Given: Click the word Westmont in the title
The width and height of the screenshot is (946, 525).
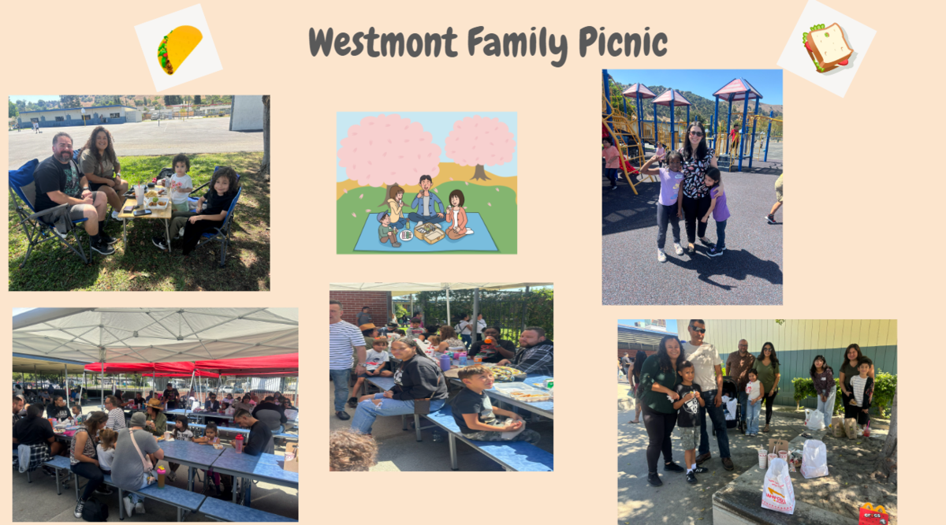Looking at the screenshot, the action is (x=383, y=43).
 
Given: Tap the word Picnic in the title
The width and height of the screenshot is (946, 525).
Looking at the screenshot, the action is (x=623, y=43).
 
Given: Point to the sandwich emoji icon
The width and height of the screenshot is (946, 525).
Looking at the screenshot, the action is (x=827, y=47).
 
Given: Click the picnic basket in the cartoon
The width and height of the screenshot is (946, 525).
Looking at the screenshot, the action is (x=429, y=233).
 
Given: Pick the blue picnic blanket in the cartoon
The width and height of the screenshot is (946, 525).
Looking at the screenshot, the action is (x=426, y=233).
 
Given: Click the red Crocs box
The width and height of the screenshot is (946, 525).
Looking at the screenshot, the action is (x=873, y=514).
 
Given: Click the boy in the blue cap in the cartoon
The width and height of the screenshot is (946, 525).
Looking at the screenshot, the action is (x=387, y=229).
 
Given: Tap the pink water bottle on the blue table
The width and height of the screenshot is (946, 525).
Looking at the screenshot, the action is (x=239, y=444).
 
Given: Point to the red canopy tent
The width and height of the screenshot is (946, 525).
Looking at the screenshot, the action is (x=192, y=366).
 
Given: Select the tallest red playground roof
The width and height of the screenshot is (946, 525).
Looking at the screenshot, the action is (x=737, y=89).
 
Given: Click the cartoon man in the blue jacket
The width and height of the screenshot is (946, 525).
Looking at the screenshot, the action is (x=426, y=200).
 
